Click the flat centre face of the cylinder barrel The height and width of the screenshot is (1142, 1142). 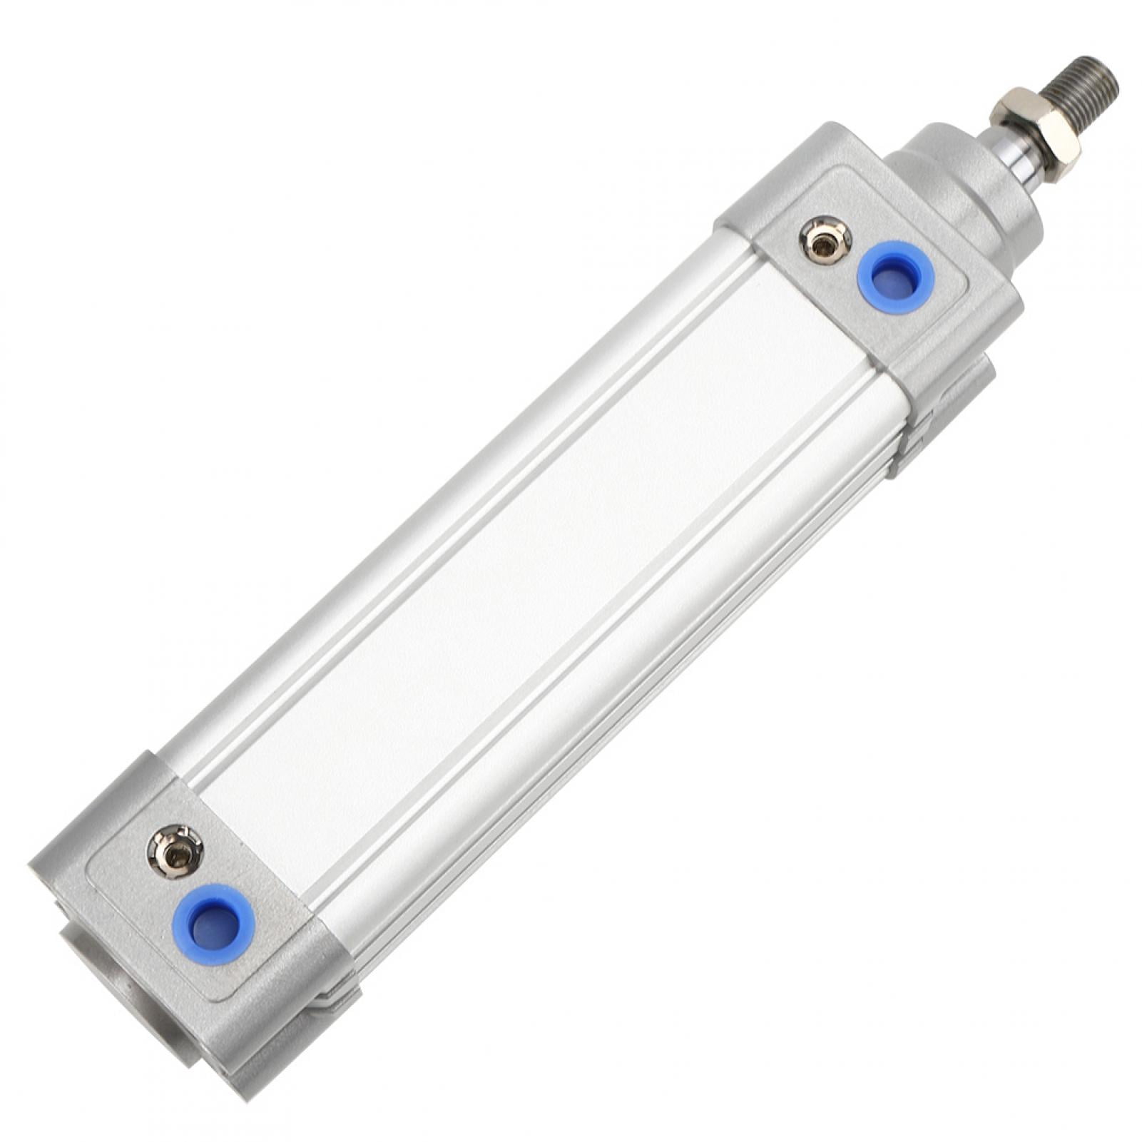pyautogui.click(x=542, y=592)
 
